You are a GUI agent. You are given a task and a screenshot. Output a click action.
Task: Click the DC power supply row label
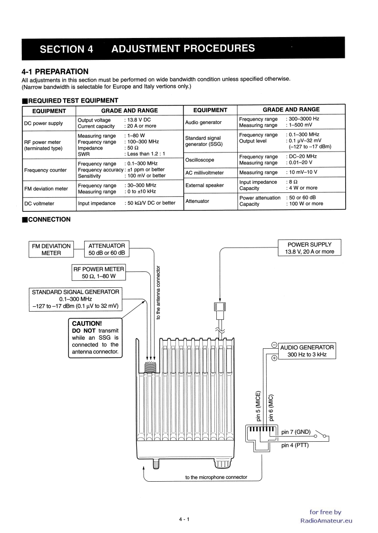tap(43, 123)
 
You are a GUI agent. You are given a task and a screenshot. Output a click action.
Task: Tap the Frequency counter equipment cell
tap(45, 170)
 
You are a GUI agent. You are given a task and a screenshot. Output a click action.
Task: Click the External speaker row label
tap(204, 185)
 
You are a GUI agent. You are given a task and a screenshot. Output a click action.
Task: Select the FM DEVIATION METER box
tap(51, 249)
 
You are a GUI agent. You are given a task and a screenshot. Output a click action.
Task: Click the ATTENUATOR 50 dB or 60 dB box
tap(107, 249)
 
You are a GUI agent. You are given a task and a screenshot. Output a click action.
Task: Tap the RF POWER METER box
tap(99, 272)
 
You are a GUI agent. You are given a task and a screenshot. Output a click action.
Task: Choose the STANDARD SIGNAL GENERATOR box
tap(76, 298)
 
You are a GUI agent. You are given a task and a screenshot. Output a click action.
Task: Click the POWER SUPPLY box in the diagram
tap(310, 248)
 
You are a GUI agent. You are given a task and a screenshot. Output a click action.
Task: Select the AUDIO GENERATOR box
tap(307, 351)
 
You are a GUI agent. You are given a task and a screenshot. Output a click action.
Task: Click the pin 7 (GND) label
tap(296, 419)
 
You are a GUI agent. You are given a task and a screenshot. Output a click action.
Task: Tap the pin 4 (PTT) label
tap(295, 445)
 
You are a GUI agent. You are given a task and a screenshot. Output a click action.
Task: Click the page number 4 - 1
tap(184, 519)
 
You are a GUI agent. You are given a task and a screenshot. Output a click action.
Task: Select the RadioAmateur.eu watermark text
tap(327, 520)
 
